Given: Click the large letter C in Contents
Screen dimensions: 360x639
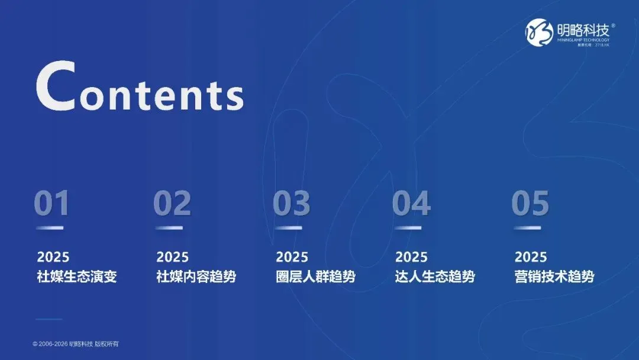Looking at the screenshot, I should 56,87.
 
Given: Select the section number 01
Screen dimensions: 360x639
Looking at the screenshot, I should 51,204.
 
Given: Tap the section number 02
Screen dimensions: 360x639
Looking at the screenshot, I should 172,204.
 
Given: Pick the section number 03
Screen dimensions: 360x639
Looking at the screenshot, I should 291,204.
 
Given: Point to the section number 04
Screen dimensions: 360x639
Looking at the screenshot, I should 411,204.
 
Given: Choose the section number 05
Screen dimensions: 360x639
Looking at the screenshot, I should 530,204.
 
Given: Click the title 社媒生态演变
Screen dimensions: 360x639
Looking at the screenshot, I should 77,277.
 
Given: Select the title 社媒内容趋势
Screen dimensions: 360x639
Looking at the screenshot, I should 196,277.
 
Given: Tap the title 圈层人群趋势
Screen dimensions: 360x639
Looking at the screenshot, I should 316,277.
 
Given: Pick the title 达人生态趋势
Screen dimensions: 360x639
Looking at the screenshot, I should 435,277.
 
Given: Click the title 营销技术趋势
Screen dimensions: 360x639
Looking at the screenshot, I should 554,277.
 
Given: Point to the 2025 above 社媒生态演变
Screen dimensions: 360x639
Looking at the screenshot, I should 53,257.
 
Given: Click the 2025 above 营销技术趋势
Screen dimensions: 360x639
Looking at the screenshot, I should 531,257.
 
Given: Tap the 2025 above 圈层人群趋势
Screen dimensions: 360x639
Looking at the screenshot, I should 292,257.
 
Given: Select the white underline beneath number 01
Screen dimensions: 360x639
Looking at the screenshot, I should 50,228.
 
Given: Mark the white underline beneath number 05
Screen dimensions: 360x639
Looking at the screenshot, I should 527,228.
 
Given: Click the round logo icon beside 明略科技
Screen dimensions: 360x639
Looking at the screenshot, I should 538,33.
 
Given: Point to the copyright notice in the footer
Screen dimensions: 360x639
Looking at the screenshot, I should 79,344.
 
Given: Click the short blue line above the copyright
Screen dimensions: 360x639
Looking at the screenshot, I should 49,320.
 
